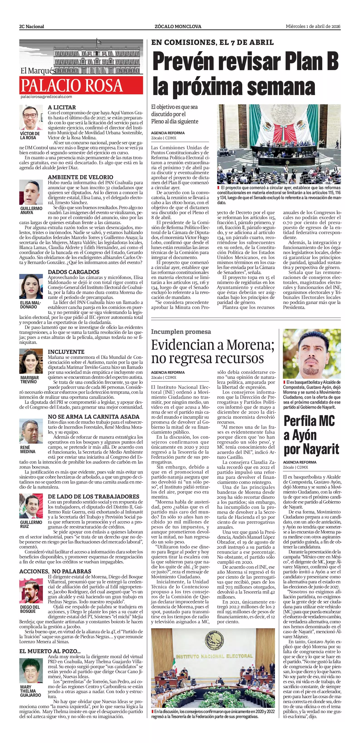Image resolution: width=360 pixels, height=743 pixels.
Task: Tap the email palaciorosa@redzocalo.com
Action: click(x=46, y=97)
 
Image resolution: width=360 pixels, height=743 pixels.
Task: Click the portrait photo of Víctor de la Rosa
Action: click(x=31, y=117)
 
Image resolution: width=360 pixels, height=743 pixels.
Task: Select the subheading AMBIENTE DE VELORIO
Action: click(x=81, y=177)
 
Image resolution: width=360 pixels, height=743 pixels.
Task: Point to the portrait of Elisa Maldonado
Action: click(x=31, y=287)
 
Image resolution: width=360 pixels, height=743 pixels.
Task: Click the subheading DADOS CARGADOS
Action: click(x=73, y=272)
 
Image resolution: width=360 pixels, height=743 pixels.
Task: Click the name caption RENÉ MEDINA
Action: click(x=28, y=449)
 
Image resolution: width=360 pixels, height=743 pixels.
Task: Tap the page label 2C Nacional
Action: click(x=32, y=27)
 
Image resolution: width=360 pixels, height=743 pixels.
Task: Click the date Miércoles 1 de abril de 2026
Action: click(x=313, y=26)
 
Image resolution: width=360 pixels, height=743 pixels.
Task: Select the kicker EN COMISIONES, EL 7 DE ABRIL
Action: click(x=212, y=42)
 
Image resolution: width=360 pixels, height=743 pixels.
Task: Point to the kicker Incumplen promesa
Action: click(x=181, y=332)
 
